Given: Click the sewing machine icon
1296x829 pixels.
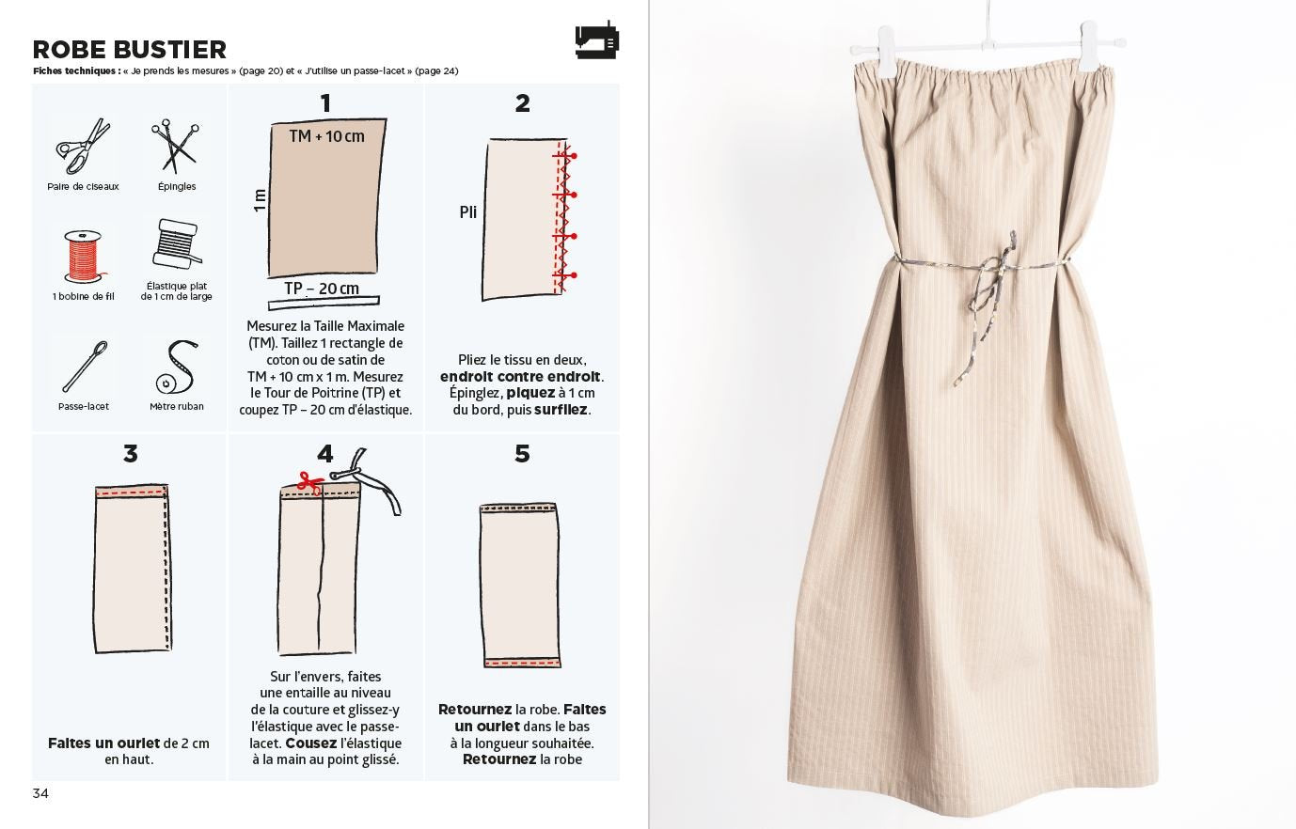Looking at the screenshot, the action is [x=596, y=39].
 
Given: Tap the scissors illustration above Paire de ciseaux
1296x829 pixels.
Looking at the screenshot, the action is [x=83, y=147].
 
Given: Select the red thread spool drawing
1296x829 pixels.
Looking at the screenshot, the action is [x=84, y=257].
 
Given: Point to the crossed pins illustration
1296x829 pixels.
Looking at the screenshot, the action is [x=175, y=147].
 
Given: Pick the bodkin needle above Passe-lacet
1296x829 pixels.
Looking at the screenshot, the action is [x=85, y=367].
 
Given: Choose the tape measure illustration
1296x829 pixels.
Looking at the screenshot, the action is [x=177, y=368].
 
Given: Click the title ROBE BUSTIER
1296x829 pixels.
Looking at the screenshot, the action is [x=130, y=50].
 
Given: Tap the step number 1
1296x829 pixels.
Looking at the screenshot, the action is [x=325, y=103].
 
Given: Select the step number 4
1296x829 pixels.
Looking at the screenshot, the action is [x=325, y=454].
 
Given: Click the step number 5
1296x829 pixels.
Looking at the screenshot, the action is [x=522, y=454].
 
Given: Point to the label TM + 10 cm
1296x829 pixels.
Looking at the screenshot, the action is [x=327, y=136].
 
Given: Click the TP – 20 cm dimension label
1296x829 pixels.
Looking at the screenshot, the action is [x=322, y=288].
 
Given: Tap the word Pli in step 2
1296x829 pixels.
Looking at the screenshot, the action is [x=468, y=212].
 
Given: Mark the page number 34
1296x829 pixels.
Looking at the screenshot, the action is [x=40, y=793].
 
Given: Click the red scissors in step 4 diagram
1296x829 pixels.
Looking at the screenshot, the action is [x=310, y=483].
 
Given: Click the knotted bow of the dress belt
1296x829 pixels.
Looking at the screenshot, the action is [x=996, y=272].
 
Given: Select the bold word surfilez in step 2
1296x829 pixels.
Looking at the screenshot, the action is [x=561, y=410].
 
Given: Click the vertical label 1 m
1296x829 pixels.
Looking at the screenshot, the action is [x=260, y=199].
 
